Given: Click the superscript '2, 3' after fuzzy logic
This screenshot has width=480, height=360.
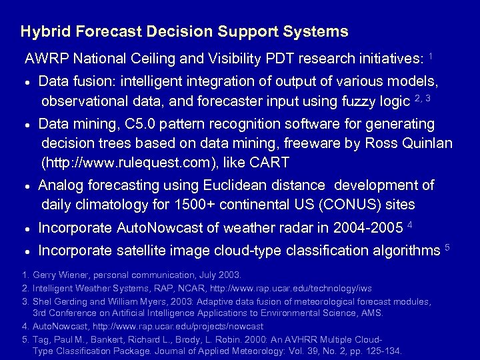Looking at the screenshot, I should coord(422,99).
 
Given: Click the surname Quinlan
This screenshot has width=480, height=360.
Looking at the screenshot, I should coord(427,143).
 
